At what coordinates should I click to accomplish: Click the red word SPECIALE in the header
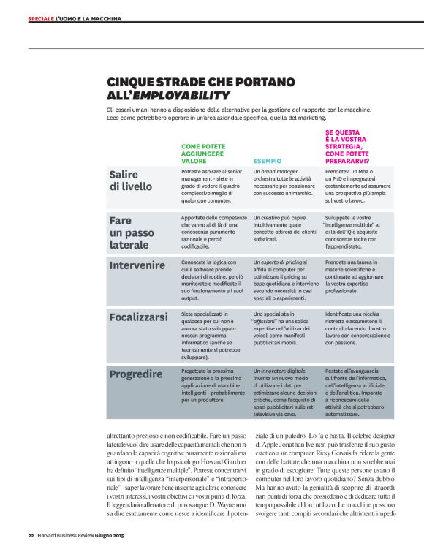(40, 18)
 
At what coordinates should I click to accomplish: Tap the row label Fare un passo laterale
(132, 232)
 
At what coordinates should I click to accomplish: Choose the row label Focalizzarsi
(140, 318)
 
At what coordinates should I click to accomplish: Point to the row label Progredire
(136, 374)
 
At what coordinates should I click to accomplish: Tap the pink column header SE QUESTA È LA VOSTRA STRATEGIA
(347, 145)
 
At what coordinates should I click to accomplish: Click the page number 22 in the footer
(31, 536)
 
